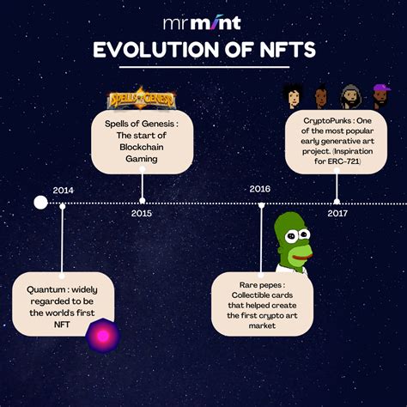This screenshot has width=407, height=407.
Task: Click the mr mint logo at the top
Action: pos(202,23)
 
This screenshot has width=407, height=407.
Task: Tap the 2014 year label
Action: pos(63,191)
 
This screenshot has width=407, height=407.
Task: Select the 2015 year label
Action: pos(142,213)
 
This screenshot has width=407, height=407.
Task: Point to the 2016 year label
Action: pos(259,189)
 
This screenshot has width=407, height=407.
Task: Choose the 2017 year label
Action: pos(337,213)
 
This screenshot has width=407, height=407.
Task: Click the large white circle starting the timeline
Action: pos(40,203)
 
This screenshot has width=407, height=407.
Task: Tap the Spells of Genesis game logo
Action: pos(142,98)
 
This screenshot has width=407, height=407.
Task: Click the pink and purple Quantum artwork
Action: pos(103,336)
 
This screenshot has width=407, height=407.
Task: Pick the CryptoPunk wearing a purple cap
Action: pos(381,96)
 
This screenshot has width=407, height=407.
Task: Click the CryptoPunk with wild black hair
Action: pos(292,96)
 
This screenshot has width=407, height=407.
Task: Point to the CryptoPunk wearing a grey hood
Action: pos(350,97)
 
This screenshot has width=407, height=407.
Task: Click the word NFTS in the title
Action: pos(288,50)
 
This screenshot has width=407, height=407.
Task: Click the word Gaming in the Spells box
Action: pos(142,159)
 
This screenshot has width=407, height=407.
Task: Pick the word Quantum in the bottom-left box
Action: pos(46,289)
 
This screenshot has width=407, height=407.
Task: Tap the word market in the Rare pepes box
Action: pos(262,325)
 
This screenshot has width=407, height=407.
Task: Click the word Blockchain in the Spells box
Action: pos(142,147)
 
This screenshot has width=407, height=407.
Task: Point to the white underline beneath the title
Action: pos(204,67)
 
